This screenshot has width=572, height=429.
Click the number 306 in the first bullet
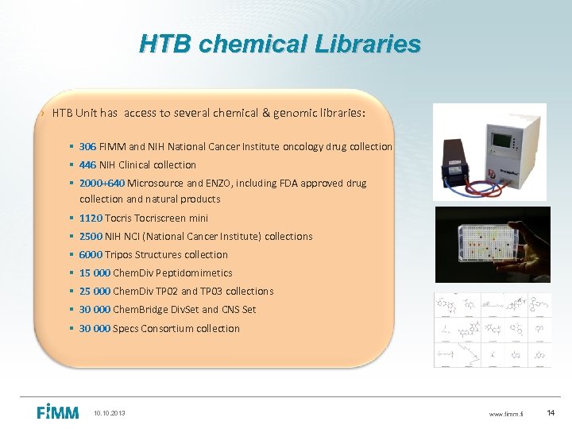pyautogui.click(x=88, y=146)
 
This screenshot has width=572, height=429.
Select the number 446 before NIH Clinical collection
pyautogui.click(x=88, y=164)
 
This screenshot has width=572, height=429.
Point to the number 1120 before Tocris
pyautogui.click(x=91, y=218)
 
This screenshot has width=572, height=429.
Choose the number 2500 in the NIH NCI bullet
pyautogui.click(x=91, y=236)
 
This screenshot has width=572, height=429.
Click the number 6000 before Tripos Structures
pyautogui.click(x=91, y=254)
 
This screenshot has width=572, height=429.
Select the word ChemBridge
pyautogui.click(x=140, y=309)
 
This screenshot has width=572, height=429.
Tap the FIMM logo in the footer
pyautogui.click(x=58, y=412)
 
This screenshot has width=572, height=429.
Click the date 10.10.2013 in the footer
pyautogui.click(x=109, y=413)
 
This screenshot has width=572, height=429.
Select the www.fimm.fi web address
pyautogui.click(x=506, y=414)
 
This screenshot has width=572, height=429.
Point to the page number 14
pyautogui.click(x=552, y=413)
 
